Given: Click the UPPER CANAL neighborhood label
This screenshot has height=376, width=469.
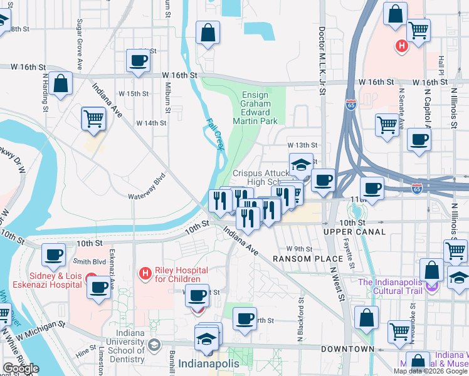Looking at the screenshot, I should [x=354, y=232].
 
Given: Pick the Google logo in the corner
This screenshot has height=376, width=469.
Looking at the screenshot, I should [x=21, y=368].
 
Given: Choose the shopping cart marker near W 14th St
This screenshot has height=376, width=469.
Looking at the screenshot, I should [x=93, y=118].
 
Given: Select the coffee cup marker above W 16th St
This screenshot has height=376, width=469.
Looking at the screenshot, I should [x=138, y=61].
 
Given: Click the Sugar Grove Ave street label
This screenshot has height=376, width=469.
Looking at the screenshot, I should [x=80, y=44].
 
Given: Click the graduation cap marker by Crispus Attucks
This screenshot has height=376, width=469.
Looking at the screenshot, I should [x=301, y=165].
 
